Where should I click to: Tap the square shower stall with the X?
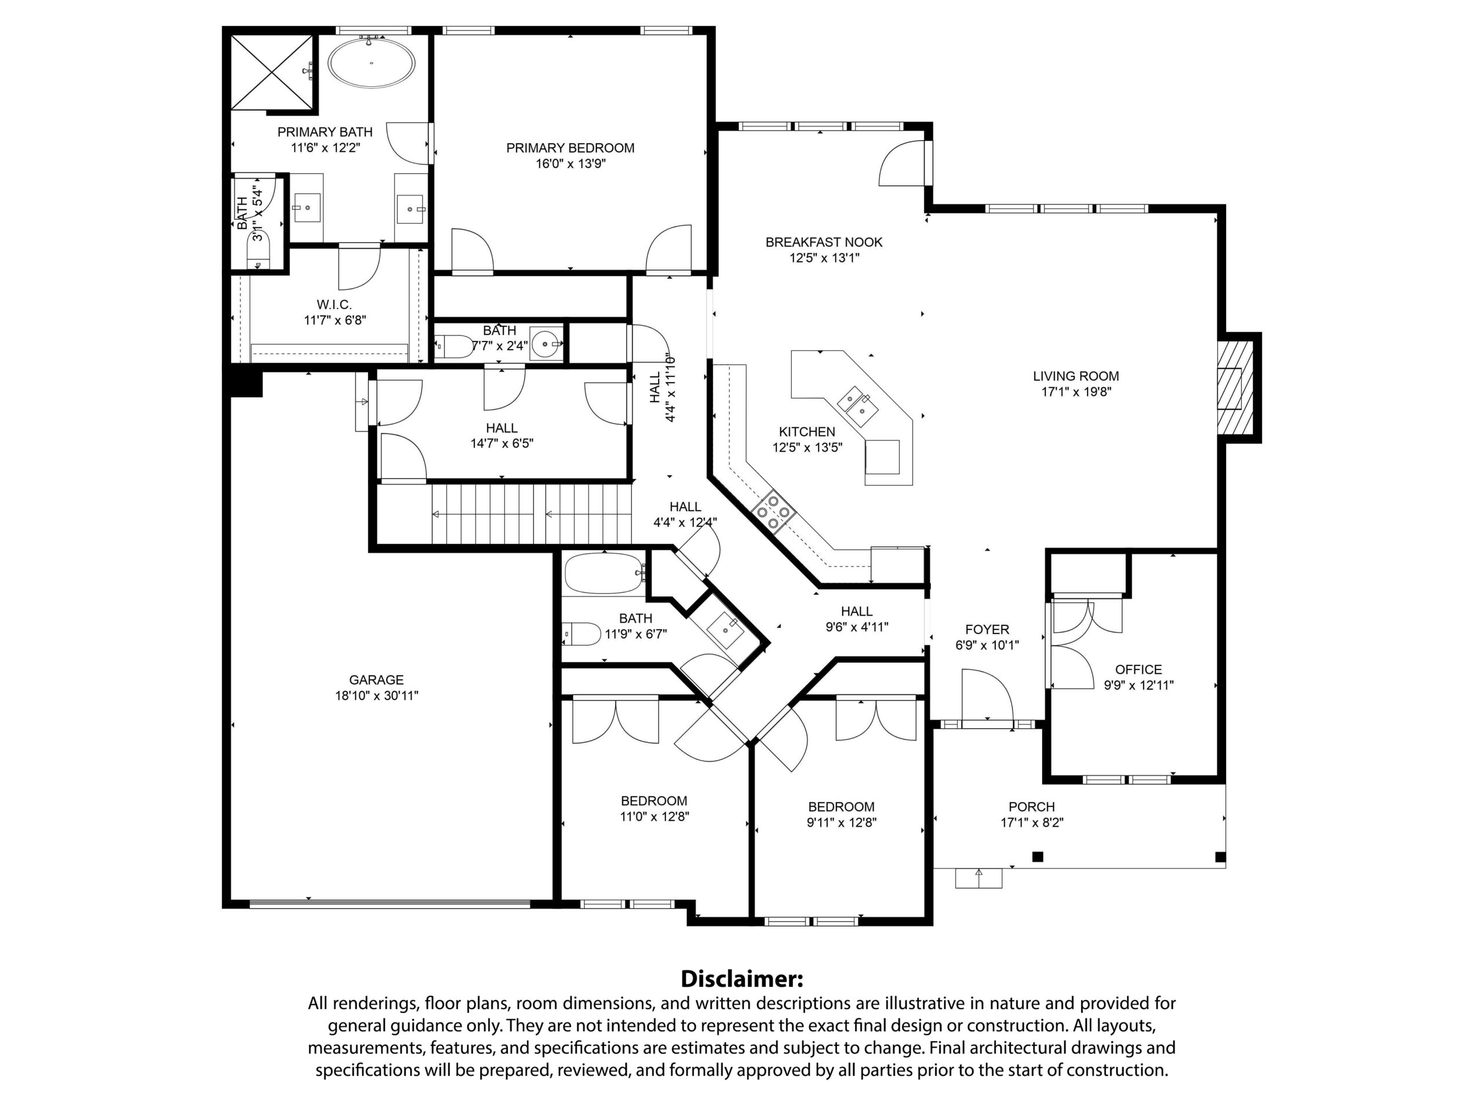pyautogui.click(x=272, y=71)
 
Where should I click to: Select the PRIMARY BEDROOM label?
pyautogui.click(x=570, y=148)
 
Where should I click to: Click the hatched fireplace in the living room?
pyautogui.click(x=1234, y=388)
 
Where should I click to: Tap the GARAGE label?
pyautogui.click(x=376, y=679)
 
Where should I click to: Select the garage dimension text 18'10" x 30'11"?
pyautogui.click(x=376, y=696)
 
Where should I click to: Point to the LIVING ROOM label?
pyautogui.click(x=1076, y=376)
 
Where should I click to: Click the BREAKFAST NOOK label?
pyautogui.click(x=824, y=242)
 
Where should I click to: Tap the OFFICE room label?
pyautogui.click(x=1139, y=670)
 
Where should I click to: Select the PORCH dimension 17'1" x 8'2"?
pyautogui.click(x=1032, y=823)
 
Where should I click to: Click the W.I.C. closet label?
pyautogui.click(x=334, y=304)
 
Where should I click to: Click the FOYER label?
pyautogui.click(x=987, y=630)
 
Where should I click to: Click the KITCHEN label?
pyautogui.click(x=807, y=432)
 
